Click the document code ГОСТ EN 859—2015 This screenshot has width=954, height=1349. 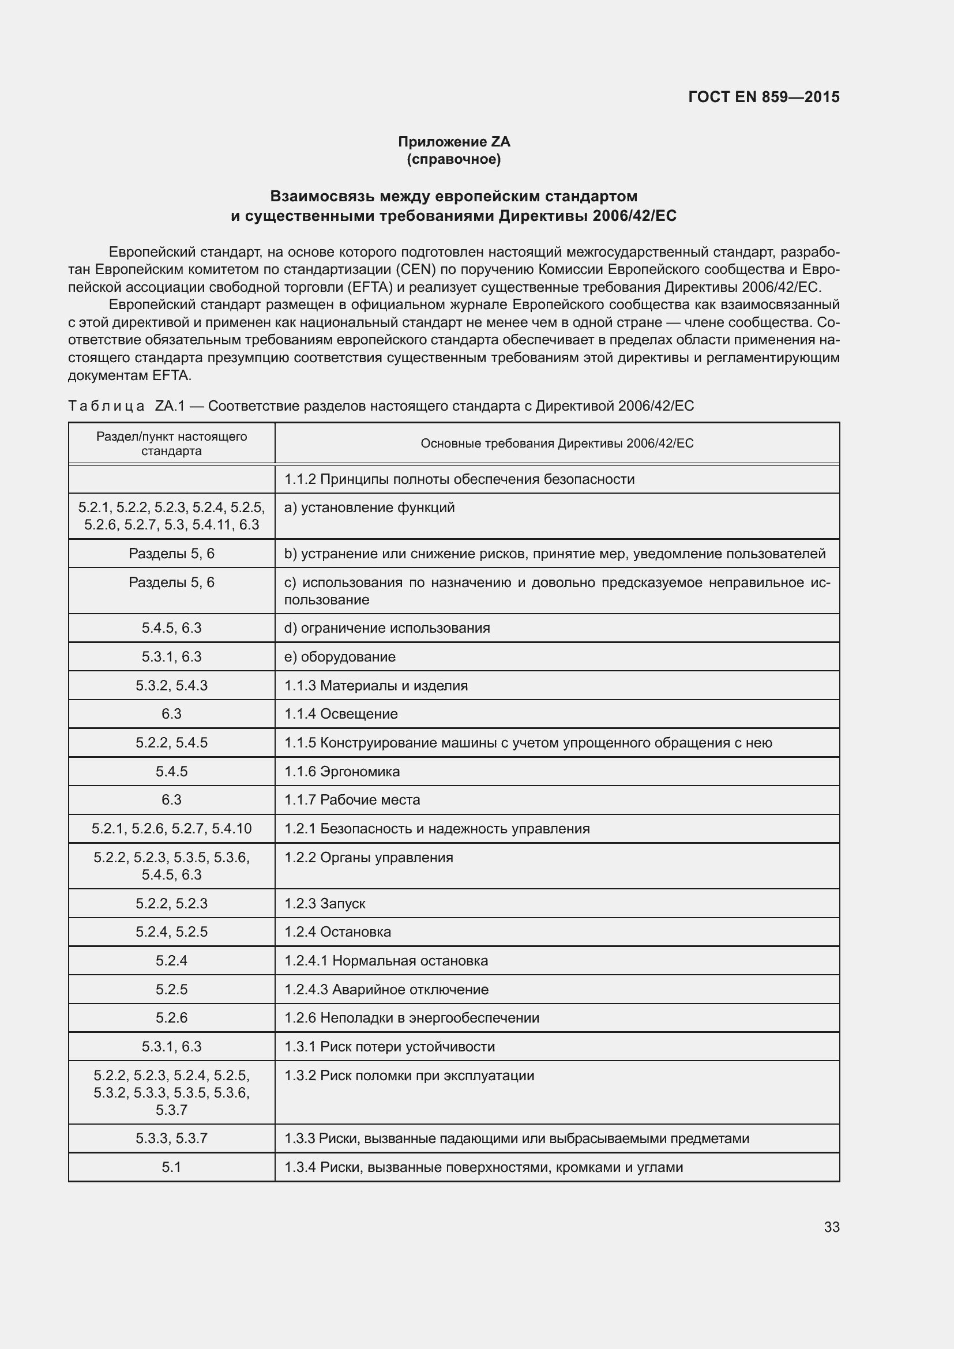pos(764,97)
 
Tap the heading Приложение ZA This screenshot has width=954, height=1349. pos(453,142)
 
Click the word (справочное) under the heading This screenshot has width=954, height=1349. pos(453,159)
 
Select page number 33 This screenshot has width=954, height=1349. pos(831,1227)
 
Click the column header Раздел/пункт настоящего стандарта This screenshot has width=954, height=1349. pos(171,444)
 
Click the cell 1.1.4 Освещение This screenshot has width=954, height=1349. pos(341,714)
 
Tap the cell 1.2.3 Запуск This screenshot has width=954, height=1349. pos(325,904)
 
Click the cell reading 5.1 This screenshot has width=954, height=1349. pos(171,1167)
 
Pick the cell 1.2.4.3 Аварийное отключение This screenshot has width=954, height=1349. pos(386,990)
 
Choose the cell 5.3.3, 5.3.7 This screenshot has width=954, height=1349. pos(171,1138)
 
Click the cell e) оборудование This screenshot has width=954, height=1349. pos(340,657)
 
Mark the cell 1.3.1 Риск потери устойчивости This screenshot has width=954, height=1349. pos(389,1046)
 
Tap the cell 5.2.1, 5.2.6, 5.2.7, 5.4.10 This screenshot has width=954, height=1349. pos(171,828)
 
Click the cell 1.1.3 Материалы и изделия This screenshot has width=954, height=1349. pos(376,686)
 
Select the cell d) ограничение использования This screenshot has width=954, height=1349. pos(386,628)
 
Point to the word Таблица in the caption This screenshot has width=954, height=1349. pos(106,406)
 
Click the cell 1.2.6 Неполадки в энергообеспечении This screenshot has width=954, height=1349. pos(411,1017)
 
